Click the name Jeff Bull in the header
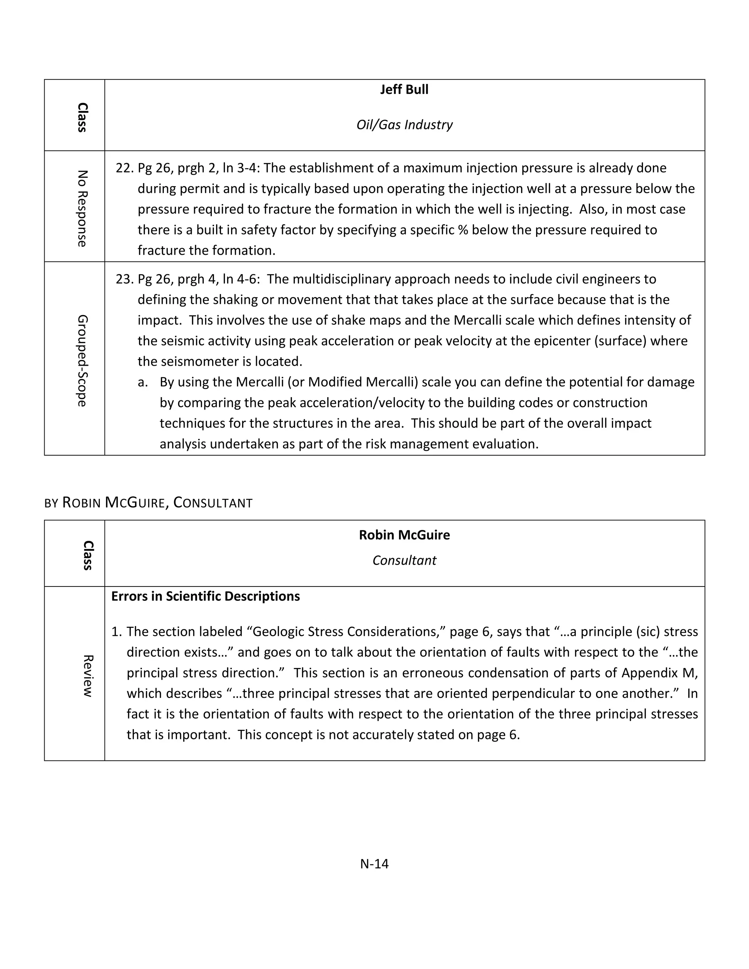tap(404, 90)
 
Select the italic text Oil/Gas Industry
tap(404, 125)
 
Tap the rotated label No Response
tap(82, 208)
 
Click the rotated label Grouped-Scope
tap(82, 360)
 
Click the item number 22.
tap(124, 168)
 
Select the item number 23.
tap(124, 279)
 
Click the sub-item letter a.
tap(142, 382)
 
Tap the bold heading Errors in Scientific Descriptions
tap(206, 596)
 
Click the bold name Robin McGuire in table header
tap(404, 535)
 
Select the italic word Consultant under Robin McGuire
tap(404, 560)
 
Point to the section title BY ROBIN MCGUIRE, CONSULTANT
tap(148, 503)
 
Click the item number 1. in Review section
tap(116, 632)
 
